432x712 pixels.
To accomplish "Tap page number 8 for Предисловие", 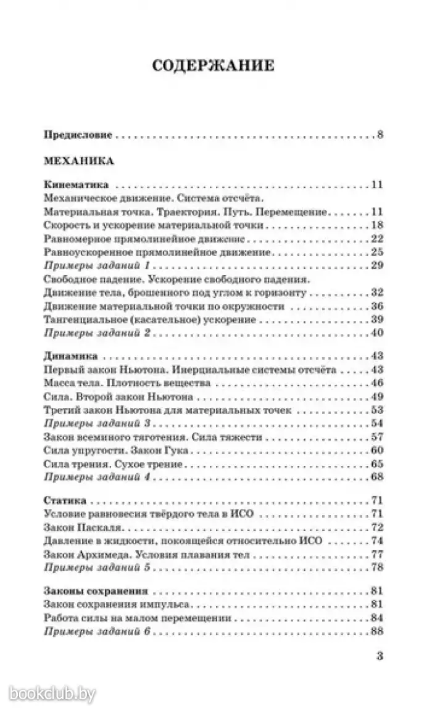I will (380, 135).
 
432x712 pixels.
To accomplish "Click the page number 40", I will (378, 333).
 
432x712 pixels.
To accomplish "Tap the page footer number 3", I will (380, 656).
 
